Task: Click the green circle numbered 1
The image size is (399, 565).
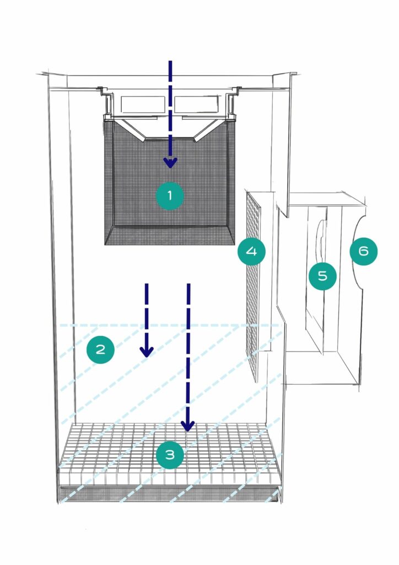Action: [x=170, y=195]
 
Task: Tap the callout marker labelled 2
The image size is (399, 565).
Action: [x=100, y=349]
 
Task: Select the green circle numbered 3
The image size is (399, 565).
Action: [x=170, y=455]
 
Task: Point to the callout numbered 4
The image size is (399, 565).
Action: [x=251, y=252]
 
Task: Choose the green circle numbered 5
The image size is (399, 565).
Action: [x=322, y=276]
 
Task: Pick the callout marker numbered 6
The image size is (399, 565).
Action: [x=364, y=251]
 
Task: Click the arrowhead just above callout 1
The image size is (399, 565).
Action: [x=170, y=163]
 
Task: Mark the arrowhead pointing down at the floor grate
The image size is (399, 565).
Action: [x=188, y=426]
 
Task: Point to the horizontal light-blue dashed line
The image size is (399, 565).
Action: [x=165, y=325]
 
